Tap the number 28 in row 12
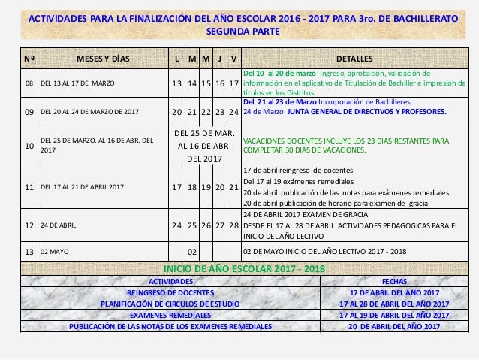[x=234, y=225]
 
